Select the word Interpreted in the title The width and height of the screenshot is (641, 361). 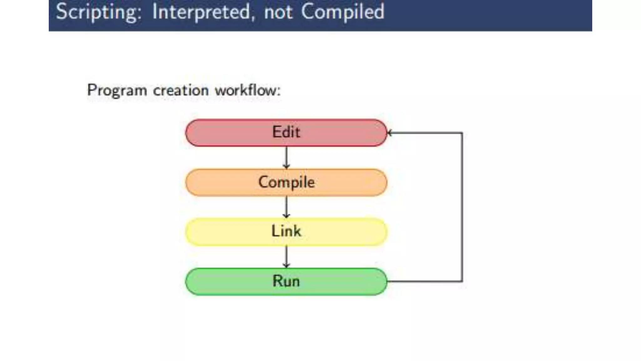click(201, 12)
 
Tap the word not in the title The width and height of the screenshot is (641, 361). click(278, 12)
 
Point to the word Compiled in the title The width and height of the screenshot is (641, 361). click(343, 12)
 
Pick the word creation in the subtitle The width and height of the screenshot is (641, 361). click(181, 91)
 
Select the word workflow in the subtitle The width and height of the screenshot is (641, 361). click(245, 91)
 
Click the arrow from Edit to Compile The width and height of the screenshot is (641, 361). click(286, 157)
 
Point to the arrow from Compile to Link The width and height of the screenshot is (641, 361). click(286, 207)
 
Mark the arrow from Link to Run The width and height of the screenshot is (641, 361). click(286, 256)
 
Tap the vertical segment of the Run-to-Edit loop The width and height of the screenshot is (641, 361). click(462, 207)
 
